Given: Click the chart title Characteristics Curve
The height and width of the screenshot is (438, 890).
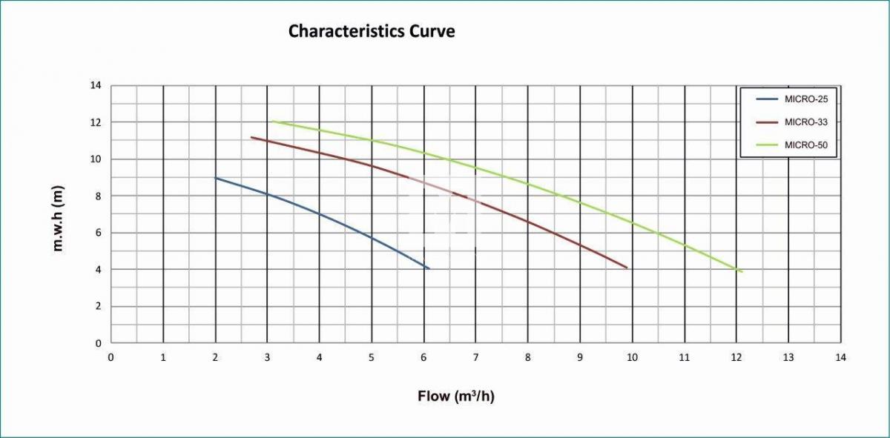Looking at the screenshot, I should [x=371, y=31].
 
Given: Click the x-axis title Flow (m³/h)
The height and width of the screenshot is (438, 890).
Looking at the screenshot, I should [x=455, y=396].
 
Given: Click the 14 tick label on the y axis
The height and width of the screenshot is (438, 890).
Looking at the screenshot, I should [x=95, y=85].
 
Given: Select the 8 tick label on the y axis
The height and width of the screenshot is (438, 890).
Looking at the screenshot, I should [x=97, y=196].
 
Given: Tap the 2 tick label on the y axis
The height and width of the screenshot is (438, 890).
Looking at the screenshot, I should [x=97, y=306].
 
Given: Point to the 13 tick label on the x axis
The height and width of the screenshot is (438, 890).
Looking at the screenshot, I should [x=788, y=357].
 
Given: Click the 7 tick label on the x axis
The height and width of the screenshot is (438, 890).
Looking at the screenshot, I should [x=475, y=357].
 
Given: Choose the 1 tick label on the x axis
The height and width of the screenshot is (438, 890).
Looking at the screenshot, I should [x=163, y=357].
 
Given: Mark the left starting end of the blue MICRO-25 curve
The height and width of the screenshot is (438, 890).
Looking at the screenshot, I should [x=215, y=178].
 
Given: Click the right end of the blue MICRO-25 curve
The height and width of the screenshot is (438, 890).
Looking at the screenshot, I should [x=429, y=268].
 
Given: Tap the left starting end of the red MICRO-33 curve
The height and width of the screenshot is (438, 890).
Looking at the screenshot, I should [x=251, y=137].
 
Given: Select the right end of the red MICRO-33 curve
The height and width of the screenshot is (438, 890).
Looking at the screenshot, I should [x=627, y=268].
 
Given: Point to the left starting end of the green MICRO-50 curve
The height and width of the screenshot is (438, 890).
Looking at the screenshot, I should [x=272, y=121].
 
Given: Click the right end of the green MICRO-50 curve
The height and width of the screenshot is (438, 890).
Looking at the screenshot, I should [x=742, y=271].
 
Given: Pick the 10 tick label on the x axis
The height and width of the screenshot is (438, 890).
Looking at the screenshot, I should [x=632, y=357].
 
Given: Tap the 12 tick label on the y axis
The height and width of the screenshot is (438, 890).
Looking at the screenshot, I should [x=95, y=122].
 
